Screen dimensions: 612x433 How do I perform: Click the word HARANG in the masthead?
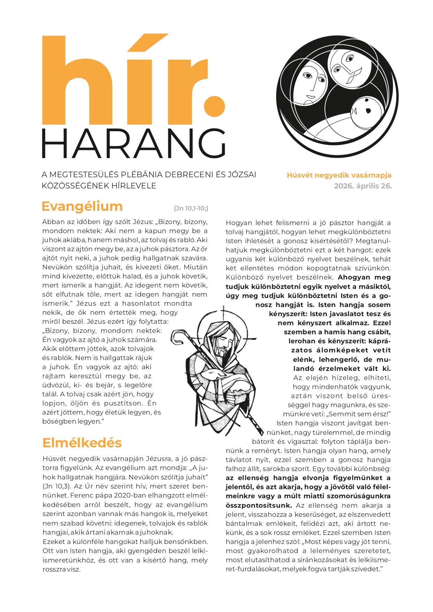[134, 144]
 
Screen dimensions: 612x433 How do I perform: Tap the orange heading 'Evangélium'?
[82, 206]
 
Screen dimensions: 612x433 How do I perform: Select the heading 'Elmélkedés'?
[82, 443]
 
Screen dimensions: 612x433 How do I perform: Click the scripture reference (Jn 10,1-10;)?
[191, 209]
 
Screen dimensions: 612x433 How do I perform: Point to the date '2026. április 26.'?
[363, 186]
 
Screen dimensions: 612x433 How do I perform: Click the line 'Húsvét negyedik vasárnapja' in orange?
[339, 176]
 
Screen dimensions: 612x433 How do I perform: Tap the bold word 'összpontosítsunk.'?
[259, 505]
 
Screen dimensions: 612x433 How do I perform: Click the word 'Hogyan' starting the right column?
[238, 223]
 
